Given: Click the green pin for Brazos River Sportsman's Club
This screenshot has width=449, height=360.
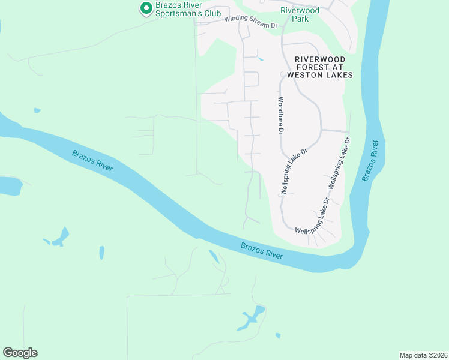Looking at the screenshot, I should (x=145, y=8).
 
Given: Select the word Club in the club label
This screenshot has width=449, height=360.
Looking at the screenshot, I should (x=211, y=13).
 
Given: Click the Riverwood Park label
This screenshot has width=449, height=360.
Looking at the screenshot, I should (x=300, y=14).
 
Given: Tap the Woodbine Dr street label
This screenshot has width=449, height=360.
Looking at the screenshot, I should (x=280, y=115).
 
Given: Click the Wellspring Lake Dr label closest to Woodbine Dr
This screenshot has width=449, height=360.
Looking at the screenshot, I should (x=294, y=170).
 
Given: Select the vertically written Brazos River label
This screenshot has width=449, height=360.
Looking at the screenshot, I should (x=370, y=160).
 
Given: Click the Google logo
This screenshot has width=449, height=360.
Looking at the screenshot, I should (x=20, y=353).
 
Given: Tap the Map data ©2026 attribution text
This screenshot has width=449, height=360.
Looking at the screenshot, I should (x=423, y=355).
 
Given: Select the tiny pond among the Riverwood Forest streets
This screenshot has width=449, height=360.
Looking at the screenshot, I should (x=259, y=59).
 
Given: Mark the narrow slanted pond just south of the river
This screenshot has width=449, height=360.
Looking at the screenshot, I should (x=213, y=256).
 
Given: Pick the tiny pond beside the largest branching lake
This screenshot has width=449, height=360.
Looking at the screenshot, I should (x=278, y=335).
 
